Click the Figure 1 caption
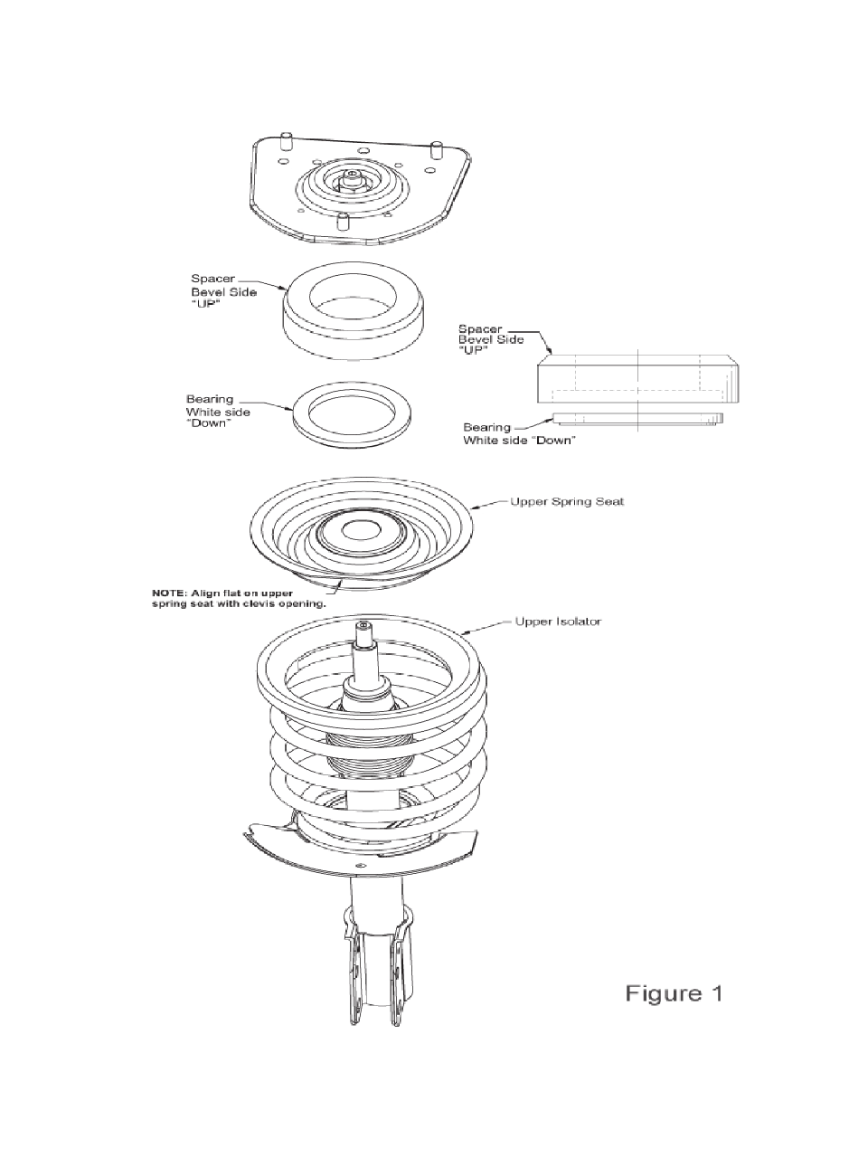coord(674,993)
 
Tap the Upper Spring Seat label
coord(567,501)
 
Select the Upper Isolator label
coord(558,622)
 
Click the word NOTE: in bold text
coord(169,593)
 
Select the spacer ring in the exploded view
coord(354,311)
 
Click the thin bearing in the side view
coord(637,418)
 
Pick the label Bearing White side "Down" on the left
coord(218,412)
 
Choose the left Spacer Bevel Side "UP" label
coord(224,291)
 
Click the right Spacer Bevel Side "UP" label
coord(491,340)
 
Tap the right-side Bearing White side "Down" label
coord(519,433)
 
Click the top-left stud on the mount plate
coord(287,141)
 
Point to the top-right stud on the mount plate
coord(437,149)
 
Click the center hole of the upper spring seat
coord(362,531)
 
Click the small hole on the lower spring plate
coord(361,866)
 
